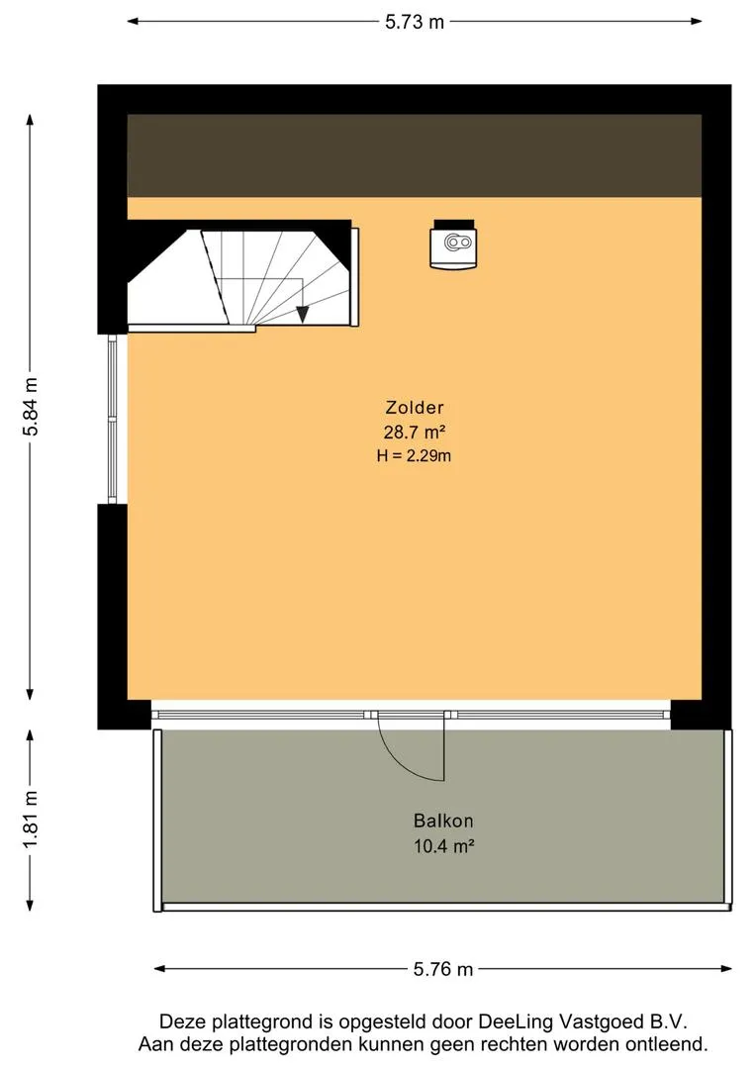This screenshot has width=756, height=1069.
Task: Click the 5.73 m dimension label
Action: tap(415, 22)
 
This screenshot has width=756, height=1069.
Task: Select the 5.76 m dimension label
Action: tap(443, 969)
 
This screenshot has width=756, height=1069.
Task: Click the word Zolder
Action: tap(415, 408)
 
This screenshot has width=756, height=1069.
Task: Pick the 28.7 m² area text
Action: tap(415, 432)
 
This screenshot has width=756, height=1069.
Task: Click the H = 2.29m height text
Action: tap(414, 455)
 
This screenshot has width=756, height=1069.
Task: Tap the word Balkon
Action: tap(443, 821)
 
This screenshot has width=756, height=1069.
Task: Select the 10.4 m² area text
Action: tap(443, 846)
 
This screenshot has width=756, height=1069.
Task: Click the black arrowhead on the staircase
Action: tap(303, 315)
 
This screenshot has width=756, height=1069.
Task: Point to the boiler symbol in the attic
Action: tap(453, 244)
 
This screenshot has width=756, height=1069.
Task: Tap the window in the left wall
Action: tap(113, 419)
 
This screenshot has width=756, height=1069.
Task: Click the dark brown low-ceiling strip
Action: tap(415, 156)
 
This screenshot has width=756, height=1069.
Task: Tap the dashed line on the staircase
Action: tap(214, 275)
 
